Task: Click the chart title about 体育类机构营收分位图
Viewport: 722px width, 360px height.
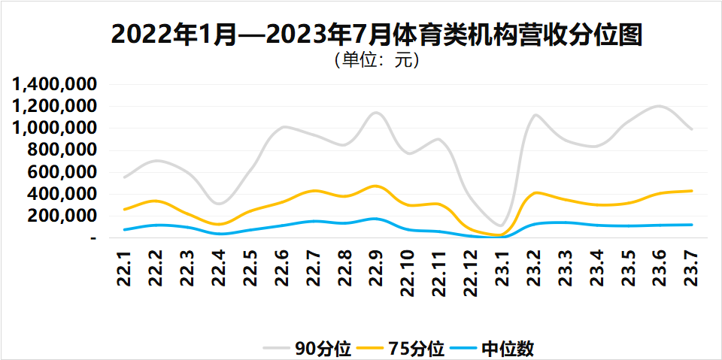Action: [x=376, y=34]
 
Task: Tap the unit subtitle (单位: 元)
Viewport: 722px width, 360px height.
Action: [x=376, y=59]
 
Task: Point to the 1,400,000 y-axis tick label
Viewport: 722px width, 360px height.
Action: [x=55, y=84]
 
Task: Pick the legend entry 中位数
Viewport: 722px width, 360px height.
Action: [x=508, y=349]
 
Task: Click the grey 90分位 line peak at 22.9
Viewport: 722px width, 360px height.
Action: [x=376, y=113]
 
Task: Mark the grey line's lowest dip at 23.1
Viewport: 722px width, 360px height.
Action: [x=501, y=225]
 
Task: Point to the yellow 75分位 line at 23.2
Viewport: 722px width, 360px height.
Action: [x=535, y=193]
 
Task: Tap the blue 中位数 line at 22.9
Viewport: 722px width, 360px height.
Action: [x=376, y=219]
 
